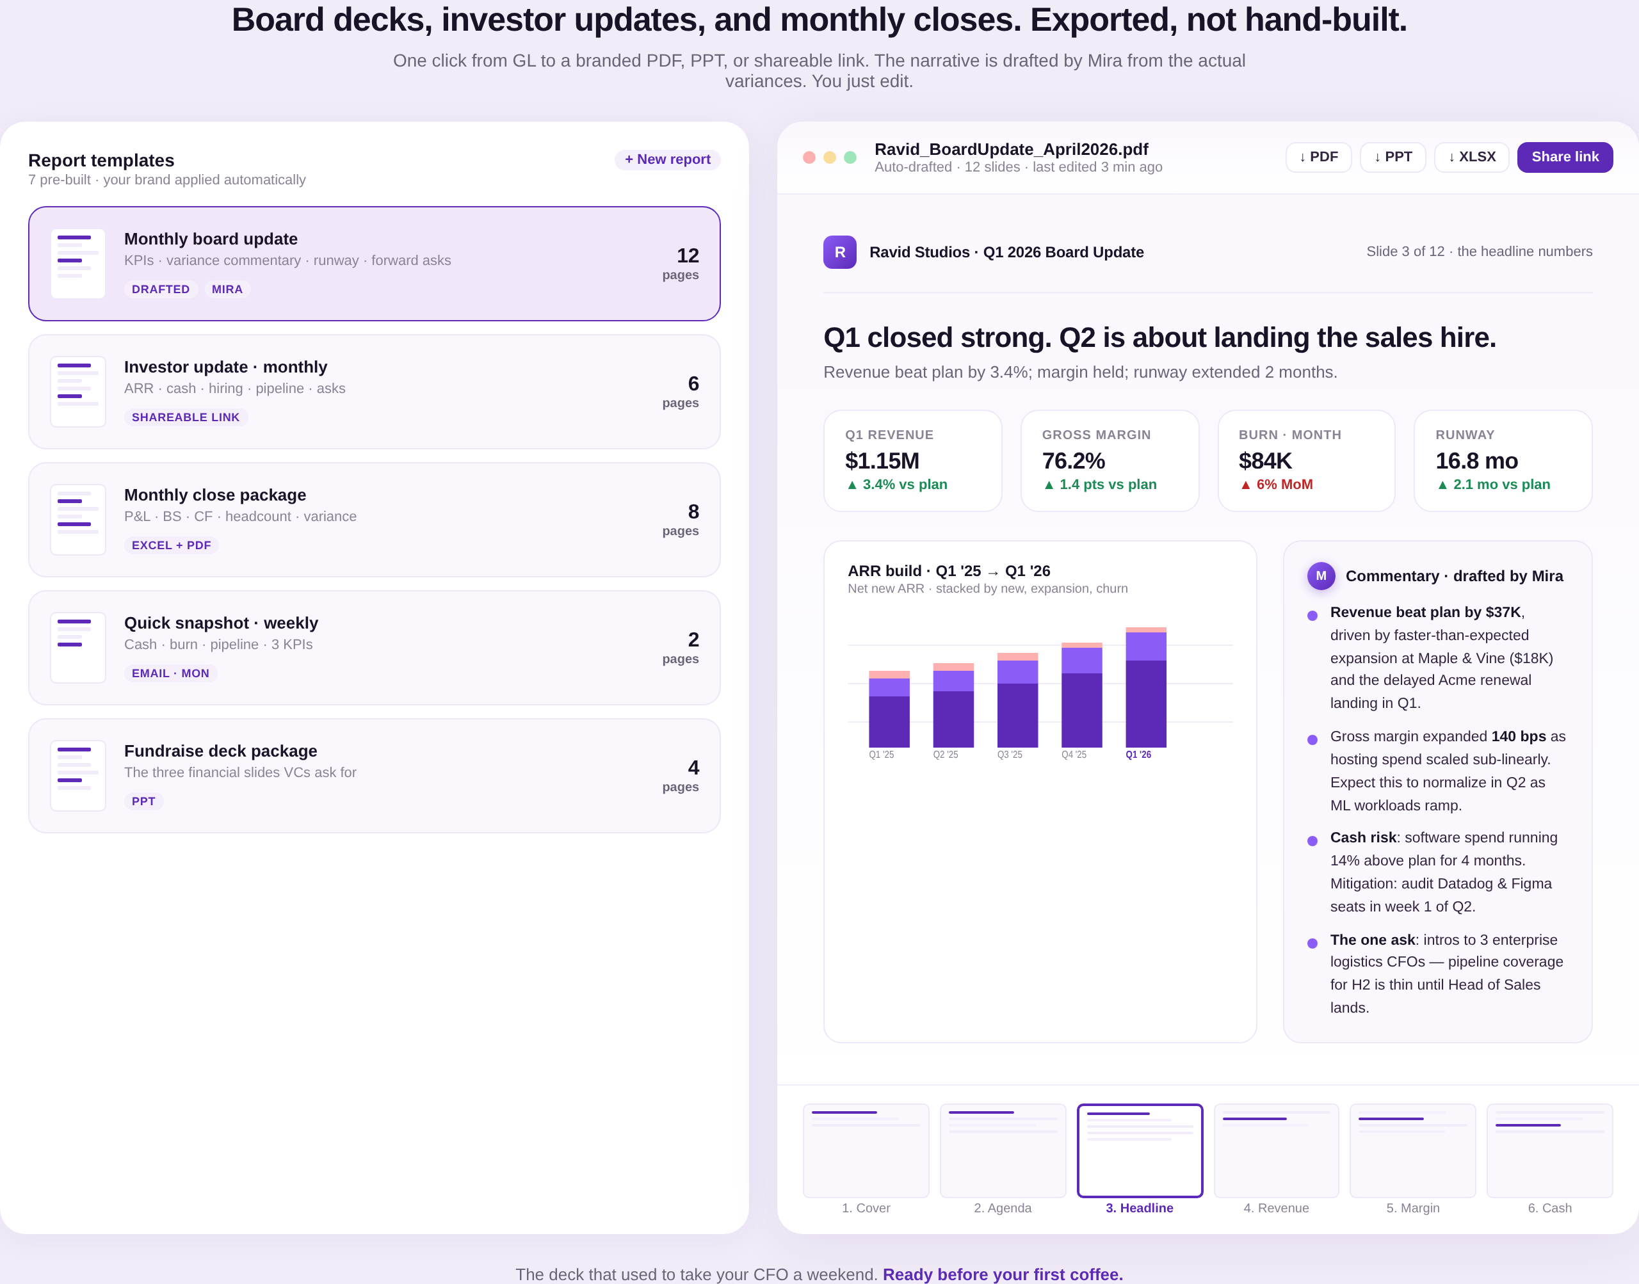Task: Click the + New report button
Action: (x=667, y=159)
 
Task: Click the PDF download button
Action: (x=1318, y=157)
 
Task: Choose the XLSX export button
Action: (x=1471, y=157)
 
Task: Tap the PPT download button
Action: (x=1393, y=157)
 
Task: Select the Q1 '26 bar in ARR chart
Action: (x=1146, y=687)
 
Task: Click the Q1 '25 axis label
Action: (x=881, y=755)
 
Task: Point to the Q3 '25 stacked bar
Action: (x=1017, y=700)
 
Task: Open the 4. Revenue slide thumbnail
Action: (x=1276, y=1150)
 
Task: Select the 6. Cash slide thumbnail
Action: (x=1549, y=1150)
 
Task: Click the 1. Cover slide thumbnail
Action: (x=866, y=1150)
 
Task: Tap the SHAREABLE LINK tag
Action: (x=186, y=417)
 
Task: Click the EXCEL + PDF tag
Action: (x=172, y=545)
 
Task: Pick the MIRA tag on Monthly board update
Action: (x=227, y=289)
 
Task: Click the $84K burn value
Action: (x=1265, y=461)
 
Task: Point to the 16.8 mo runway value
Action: (x=1476, y=461)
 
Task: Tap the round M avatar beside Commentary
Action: (x=1321, y=576)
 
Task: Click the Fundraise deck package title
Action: (x=220, y=751)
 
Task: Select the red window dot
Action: (x=809, y=157)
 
